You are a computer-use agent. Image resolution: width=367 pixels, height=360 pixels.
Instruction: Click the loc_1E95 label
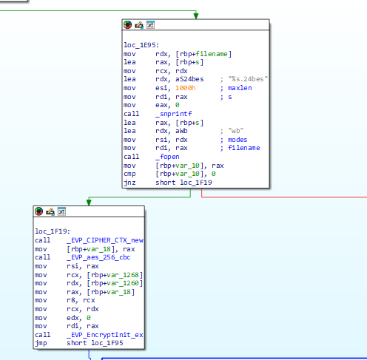coord(141,45)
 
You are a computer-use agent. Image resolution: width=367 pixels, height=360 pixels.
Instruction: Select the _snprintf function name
coord(174,114)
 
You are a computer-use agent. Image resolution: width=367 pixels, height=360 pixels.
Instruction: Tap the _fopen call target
coord(167,157)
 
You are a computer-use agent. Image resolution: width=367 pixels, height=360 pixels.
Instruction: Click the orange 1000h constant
coord(186,88)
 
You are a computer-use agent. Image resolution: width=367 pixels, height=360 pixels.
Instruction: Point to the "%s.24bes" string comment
coord(248,79)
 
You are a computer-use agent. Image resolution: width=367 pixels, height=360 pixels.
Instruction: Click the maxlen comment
coord(240,88)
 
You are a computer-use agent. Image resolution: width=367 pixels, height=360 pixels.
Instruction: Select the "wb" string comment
coord(235,131)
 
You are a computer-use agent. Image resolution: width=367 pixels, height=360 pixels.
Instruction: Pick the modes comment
coord(238,140)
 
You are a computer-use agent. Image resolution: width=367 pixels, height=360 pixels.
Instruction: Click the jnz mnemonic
coord(129,183)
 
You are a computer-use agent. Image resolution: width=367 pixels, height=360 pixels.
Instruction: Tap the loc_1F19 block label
coord(53,231)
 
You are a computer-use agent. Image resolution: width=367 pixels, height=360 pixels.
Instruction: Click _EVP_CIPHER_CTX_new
coord(105,240)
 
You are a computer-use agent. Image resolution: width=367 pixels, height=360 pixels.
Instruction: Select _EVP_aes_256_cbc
coord(98,257)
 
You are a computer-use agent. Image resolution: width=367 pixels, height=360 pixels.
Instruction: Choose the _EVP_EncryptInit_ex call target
coord(105,335)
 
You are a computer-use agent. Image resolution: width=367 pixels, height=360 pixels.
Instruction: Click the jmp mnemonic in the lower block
coord(41,343)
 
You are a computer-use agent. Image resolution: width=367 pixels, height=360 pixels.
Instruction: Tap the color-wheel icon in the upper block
coord(127,24)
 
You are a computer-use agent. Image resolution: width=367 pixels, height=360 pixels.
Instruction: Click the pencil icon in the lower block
coord(50,211)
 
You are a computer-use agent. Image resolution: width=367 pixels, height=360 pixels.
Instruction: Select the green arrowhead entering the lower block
coord(89,203)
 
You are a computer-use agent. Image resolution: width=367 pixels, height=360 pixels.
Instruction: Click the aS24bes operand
coord(189,79)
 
